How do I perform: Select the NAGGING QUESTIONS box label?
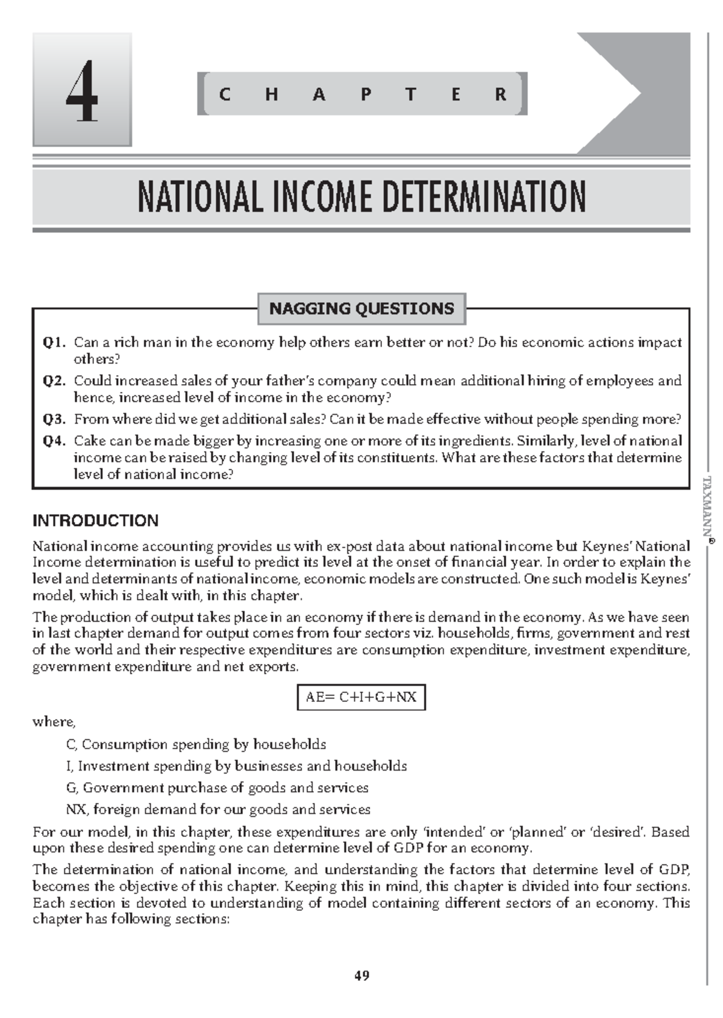coord(361,309)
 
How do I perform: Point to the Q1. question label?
coord(54,343)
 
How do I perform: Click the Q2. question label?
coord(54,381)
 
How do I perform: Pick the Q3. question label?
coord(54,419)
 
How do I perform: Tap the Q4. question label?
coord(54,441)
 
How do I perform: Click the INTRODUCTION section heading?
coord(95,521)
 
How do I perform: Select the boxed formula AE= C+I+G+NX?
coord(361,697)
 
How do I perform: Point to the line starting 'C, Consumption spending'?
coord(196,745)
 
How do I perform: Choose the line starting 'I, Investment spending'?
coord(236,766)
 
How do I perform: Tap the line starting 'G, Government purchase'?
coord(217,788)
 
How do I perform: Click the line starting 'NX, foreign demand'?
coord(218,810)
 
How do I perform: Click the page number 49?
coord(361,975)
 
